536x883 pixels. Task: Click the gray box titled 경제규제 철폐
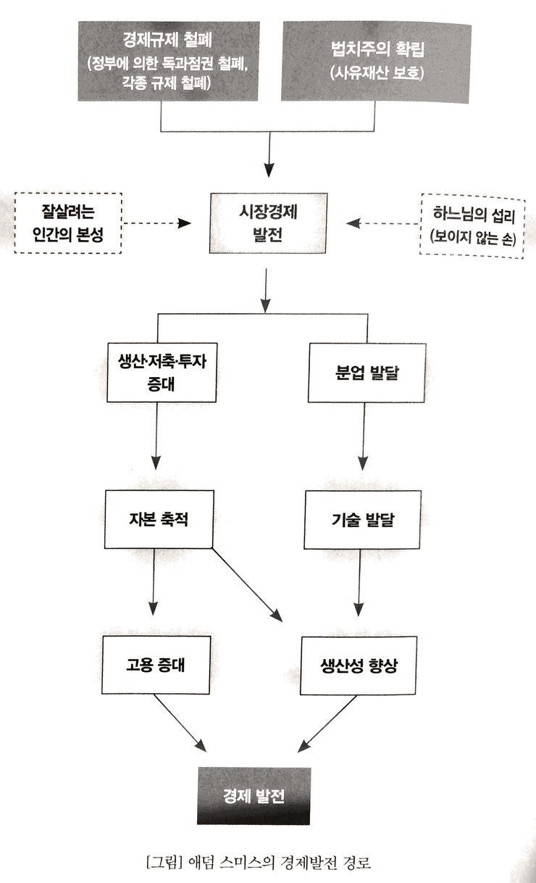coord(169,61)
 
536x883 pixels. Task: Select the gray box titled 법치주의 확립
coord(376,62)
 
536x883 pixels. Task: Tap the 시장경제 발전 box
coord(268,223)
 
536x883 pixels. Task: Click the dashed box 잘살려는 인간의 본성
coord(68,223)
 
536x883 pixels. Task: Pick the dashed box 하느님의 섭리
coord(472,226)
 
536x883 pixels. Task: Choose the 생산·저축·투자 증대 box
coord(162,373)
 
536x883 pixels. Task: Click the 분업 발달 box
coord(367,373)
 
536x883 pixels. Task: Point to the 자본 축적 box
coord(159,519)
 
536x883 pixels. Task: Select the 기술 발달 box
coord(363,520)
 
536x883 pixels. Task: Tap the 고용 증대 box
coord(156,665)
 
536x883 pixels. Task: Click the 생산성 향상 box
coord(359,666)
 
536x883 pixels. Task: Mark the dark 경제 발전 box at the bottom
coord(254,796)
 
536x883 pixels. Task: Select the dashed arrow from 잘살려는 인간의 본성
coord(157,223)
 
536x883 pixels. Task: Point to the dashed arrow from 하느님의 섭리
coord(382,223)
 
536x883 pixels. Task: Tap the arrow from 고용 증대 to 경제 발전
coord(180,723)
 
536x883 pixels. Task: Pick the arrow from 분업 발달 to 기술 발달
coord(363,436)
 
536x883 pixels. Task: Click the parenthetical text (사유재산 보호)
coord(377,73)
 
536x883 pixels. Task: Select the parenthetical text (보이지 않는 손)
coord(473,237)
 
